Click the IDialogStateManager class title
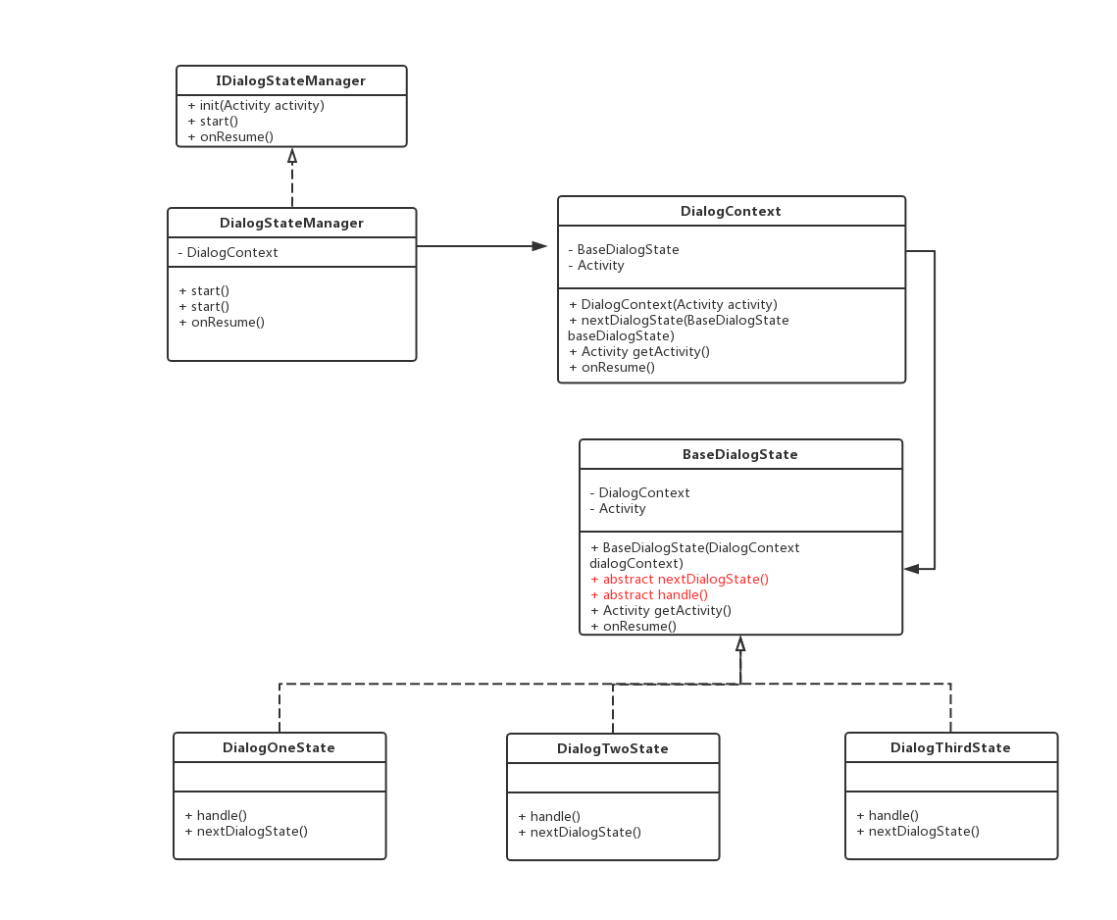click(x=290, y=80)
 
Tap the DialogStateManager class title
click(x=291, y=223)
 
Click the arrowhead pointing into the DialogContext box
click(x=539, y=246)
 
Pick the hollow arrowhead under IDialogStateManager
click(x=292, y=157)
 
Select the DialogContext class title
click(x=731, y=211)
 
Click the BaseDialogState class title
click(x=740, y=455)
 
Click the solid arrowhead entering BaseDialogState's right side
click(x=912, y=569)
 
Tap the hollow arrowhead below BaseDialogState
click(x=740, y=644)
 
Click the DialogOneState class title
click(x=279, y=747)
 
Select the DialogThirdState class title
click(x=950, y=747)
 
